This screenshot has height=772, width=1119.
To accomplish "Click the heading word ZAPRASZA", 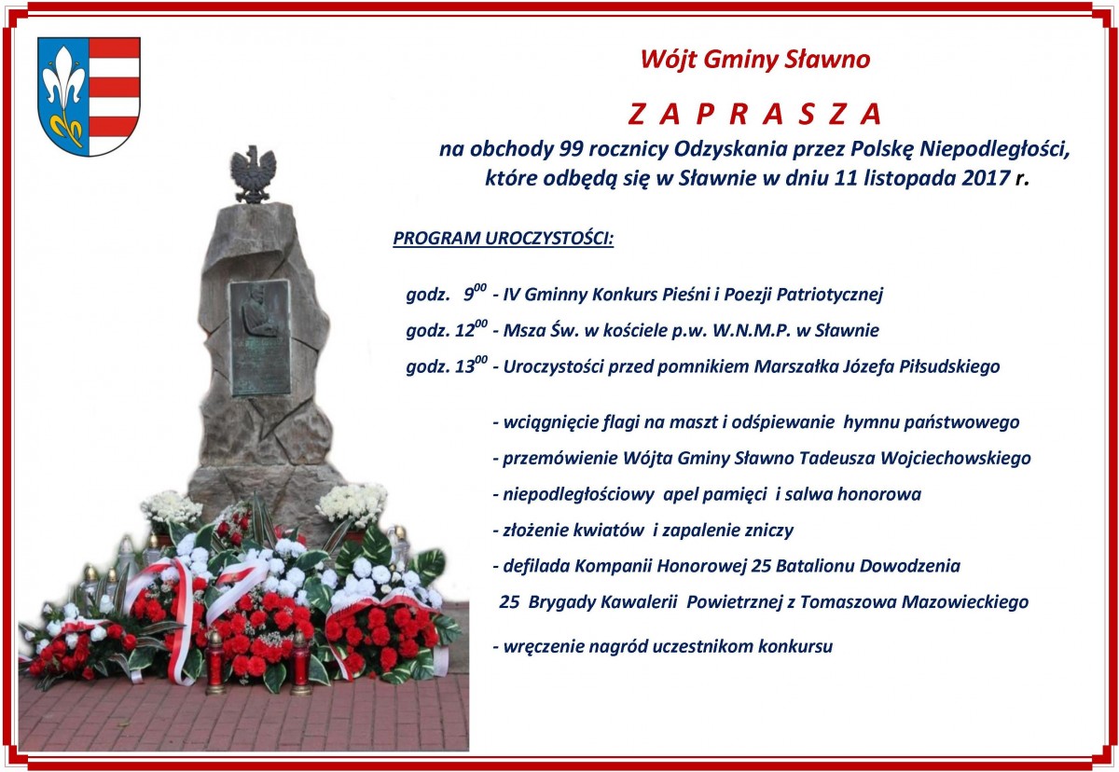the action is coord(754,114).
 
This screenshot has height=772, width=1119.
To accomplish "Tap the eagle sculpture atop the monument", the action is coord(254,174).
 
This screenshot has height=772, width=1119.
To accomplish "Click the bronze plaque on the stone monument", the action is coord(260,338).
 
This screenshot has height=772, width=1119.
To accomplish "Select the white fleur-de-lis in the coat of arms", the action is coord(63,89).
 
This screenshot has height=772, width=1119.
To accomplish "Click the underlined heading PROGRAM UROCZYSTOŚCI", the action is coord(503,239).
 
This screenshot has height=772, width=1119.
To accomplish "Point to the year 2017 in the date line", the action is coord(987,178).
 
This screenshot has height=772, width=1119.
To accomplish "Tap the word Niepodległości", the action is coord(995,149).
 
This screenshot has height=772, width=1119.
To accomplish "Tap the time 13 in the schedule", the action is coord(465,367).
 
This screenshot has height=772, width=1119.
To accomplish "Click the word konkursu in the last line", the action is coord(795,647).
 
